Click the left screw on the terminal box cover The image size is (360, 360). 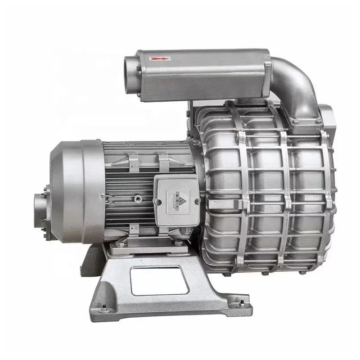pos(157,201)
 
